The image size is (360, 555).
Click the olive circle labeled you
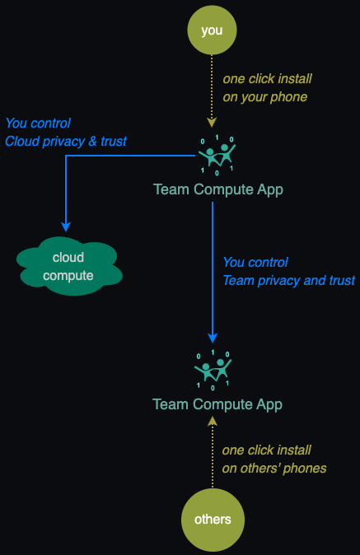212,30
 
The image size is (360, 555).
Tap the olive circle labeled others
213,520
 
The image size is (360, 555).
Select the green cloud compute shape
69,266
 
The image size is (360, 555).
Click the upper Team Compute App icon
217,155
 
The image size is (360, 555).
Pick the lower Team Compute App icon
213,371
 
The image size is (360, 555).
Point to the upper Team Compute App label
218,189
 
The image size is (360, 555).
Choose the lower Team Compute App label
217,404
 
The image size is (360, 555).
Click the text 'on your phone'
264,97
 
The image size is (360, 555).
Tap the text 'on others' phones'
274,469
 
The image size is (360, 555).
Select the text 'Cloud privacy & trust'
65,142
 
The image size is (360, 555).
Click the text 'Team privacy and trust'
289,280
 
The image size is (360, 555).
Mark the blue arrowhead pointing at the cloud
66,226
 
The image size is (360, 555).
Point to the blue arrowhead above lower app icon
213,338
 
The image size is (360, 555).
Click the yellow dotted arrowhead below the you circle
212,123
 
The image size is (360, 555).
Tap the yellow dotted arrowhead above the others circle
213,421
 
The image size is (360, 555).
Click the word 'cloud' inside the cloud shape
68,257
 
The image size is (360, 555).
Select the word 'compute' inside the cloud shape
68,276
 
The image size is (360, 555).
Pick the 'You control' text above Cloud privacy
38,124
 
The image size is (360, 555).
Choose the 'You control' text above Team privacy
255,263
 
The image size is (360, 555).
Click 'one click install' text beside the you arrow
267,78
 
